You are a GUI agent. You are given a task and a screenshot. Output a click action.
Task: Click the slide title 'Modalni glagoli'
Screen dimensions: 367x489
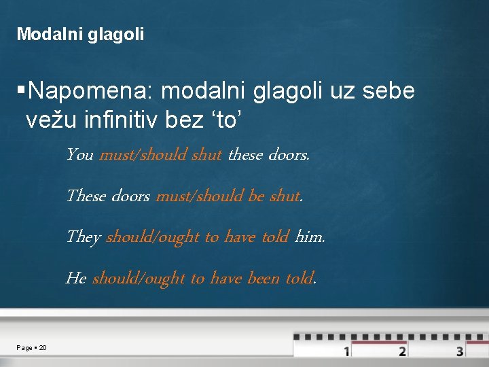(80, 34)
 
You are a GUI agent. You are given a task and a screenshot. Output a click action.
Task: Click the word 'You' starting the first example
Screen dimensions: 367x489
(79, 155)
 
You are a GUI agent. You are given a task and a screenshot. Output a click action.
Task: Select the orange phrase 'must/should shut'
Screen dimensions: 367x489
(160, 155)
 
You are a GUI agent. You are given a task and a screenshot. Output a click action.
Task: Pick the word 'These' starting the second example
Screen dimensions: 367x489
(86, 196)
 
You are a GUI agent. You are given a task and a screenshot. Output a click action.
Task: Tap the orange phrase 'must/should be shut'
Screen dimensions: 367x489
(228, 196)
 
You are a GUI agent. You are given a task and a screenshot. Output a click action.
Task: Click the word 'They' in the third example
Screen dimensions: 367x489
(83, 237)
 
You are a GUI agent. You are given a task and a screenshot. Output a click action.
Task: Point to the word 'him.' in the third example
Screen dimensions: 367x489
(310, 237)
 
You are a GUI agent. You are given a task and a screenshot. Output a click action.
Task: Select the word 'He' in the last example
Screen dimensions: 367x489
(75, 278)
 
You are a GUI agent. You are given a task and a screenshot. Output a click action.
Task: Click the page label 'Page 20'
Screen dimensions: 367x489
(32, 348)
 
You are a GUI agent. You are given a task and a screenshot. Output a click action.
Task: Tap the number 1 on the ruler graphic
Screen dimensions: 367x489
(346, 351)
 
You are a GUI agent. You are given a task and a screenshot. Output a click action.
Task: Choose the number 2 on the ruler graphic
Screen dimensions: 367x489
(402, 351)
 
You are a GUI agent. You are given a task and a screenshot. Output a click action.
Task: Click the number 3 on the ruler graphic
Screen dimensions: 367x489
(460, 351)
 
